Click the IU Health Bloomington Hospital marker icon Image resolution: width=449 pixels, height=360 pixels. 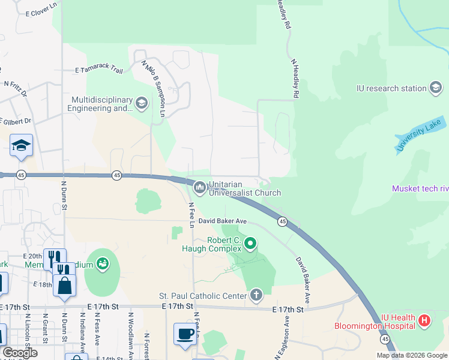click(425, 320)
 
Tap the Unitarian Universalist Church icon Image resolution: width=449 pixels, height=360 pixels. click(199, 188)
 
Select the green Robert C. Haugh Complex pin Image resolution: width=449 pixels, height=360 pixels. click(251, 244)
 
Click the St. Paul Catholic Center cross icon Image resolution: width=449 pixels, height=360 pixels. click(256, 295)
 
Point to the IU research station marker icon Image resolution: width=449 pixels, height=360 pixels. click(436, 88)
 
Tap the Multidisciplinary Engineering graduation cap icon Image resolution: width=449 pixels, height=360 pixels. click(142, 103)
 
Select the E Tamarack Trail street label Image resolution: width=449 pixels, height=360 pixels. click(99, 70)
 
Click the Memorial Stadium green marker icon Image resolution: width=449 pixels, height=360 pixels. click(103, 263)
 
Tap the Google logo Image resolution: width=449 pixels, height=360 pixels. click(20, 353)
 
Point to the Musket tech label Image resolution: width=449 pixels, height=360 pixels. click(419, 188)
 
